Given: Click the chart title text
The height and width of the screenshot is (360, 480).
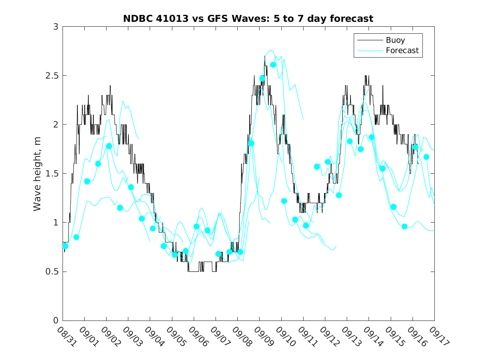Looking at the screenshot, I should [x=248, y=19].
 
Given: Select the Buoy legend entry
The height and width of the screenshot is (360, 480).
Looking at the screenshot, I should [x=395, y=40].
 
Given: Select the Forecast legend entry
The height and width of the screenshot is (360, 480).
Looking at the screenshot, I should [x=402, y=51].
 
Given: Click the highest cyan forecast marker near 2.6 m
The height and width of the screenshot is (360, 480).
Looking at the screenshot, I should [x=273, y=65].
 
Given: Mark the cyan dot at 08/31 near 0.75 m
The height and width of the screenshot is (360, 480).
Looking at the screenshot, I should [x=65, y=246].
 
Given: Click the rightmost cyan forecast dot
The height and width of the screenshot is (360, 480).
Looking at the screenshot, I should [x=426, y=157].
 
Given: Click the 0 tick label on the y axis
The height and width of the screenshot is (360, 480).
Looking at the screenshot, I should [x=56, y=321].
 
